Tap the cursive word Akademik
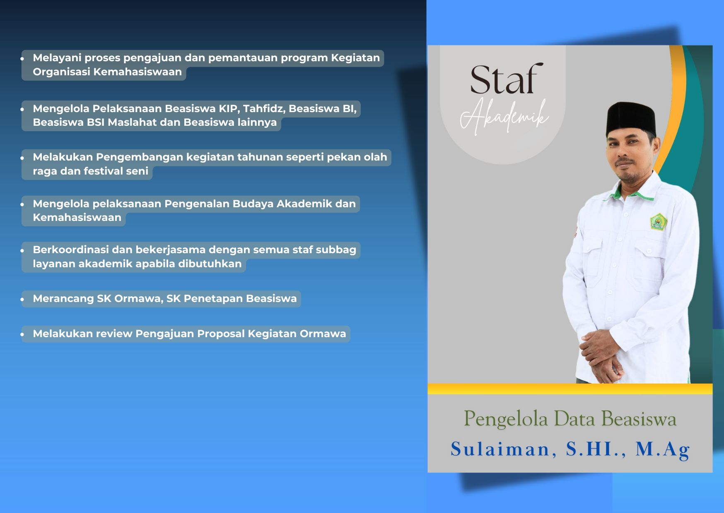(x=504, y=117)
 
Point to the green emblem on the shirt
(x=658, y=221)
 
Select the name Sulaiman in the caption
(x=504, y=449)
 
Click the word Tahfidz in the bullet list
(x=264, y=108)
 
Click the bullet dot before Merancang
(x=22, y=300)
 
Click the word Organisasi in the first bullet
(x=61, y=72)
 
